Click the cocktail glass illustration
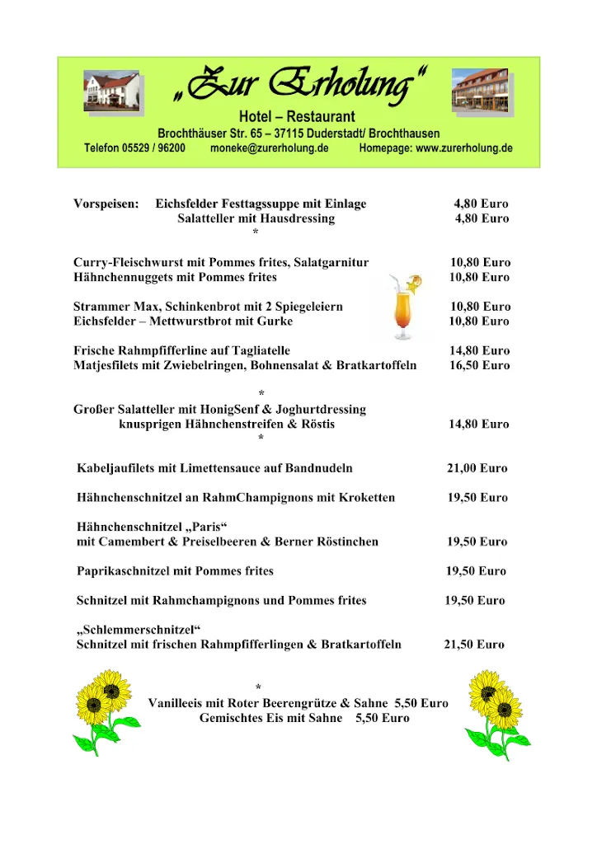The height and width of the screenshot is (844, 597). point(406,307)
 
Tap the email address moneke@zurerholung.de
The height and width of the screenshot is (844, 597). point(269,148)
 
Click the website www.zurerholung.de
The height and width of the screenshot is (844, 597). point(464,148)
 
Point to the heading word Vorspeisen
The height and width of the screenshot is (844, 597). point(106,204)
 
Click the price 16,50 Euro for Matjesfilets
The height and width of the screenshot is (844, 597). point(479,365)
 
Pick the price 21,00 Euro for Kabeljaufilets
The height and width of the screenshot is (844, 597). point(477,468)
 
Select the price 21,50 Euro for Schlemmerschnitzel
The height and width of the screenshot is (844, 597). point(474,645)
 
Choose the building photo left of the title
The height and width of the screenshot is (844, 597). point(111,91)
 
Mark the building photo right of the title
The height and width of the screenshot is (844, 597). point(482,88)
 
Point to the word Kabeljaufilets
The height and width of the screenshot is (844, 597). point(115,468)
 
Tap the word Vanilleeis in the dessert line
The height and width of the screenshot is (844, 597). point(175,703)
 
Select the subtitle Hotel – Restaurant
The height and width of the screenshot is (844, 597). point(297,117)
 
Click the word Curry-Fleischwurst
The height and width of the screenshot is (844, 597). point(124,262)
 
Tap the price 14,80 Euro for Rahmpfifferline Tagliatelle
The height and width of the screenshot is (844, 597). point(479,350)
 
